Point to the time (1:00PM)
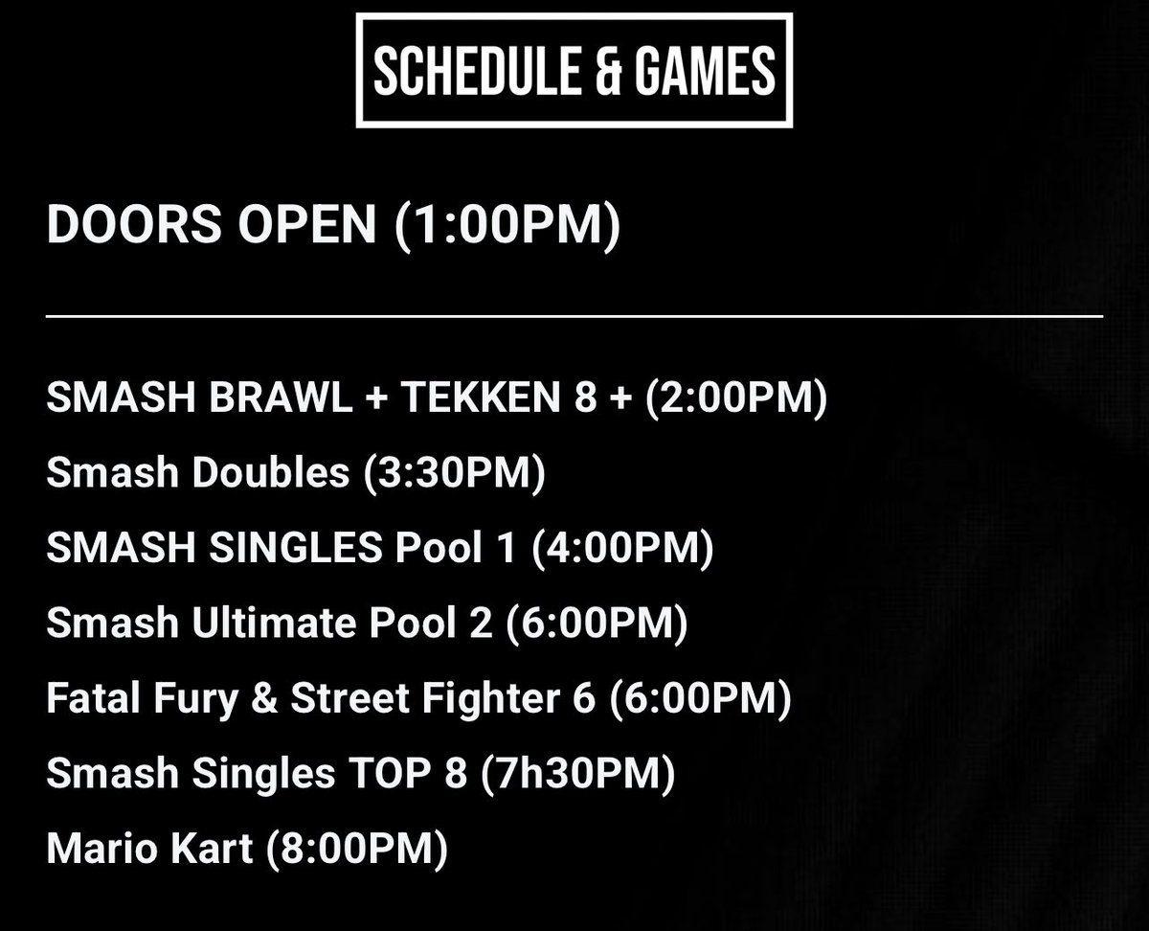click(x=507, y=225)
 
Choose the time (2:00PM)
click(x=735, y=398)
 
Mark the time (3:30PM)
click(x=454, y=473)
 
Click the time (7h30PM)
click(x=577, y=774)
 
